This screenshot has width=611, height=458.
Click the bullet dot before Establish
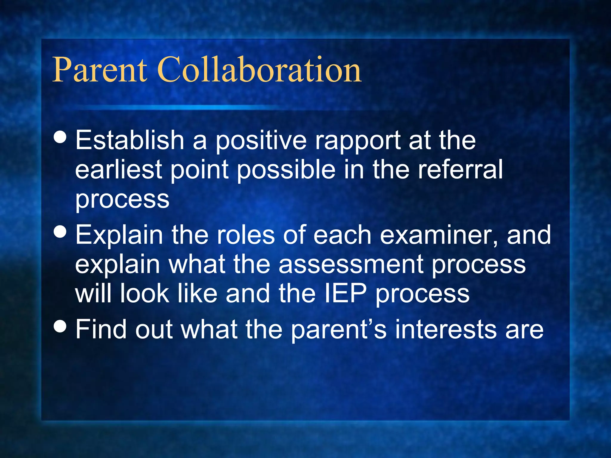click(61, 137)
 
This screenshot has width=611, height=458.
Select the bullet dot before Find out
click(61, 326)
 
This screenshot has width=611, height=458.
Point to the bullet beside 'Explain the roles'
click(61, 232)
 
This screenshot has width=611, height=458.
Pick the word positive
click(261, 141)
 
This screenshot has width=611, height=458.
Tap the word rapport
click(358, 141)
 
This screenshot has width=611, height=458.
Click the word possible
click(286, 170)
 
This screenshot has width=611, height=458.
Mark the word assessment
click(351, 264)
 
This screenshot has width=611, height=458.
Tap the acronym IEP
click(345, 293)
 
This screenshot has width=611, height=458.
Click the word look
click(144, 293)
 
